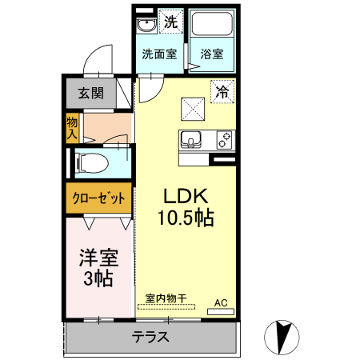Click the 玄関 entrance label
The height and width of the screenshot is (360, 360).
tap(90, 92)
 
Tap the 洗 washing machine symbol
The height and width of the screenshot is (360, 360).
tap(170, 22)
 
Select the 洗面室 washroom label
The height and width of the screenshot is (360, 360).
tap(158, 55)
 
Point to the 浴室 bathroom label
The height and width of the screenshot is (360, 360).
tap(212, 55)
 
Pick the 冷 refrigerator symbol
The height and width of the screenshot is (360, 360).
tap(222, 92)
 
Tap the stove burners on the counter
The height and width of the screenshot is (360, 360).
tap(224, 140)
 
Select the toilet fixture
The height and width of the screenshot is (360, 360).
tap(90, 163)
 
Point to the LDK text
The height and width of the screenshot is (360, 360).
tap(186, 196)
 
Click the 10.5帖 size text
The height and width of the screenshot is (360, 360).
tap(187, 217)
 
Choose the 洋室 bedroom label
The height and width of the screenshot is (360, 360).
tap(98, 258)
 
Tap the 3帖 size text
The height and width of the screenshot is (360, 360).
tap(98, 278)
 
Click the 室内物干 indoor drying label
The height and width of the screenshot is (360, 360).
tap(166, 298)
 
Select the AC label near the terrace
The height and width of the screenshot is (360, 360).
tap(221, 303)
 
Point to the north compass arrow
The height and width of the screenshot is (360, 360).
tap(281, 336)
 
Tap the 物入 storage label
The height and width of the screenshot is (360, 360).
tap(72, 127)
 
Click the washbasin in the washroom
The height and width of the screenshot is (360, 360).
tap(146, 26)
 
